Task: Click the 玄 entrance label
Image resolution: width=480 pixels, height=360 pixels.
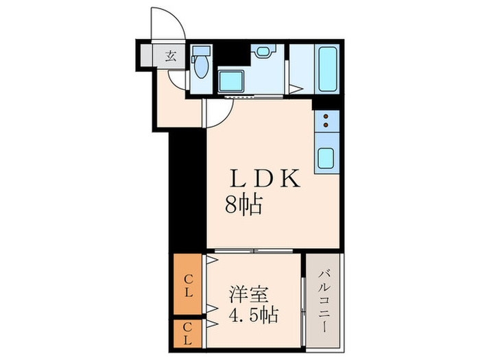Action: (x=170, y=56)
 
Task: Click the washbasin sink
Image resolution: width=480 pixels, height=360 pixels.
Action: (x=263, y=52)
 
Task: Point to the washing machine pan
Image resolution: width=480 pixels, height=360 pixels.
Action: (x=234, y=82)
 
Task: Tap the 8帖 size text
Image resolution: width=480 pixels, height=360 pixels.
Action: (x=243, y=204)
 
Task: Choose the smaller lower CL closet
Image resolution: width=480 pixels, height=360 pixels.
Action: (x=188, y=334)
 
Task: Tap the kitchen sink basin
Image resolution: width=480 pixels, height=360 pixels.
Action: (x=325, y=160)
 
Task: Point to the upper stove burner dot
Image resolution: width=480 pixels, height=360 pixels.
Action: (x=325, y=117)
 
